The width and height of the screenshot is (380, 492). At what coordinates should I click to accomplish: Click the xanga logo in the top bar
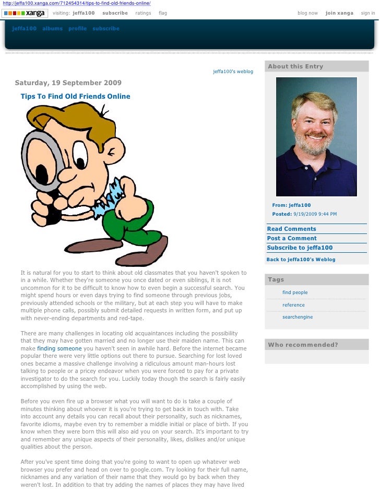point(25,13)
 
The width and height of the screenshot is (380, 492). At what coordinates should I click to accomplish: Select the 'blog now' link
point(307,13)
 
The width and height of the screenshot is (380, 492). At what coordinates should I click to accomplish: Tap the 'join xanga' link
point(339,13)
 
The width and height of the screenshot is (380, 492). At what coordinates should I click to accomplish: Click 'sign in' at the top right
point(368,13)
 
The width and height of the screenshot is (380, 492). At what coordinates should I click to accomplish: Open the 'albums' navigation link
point(52,29)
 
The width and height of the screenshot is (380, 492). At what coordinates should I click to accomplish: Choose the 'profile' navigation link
point(77,29)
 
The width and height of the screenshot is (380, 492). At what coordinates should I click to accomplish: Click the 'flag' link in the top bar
point(163,13)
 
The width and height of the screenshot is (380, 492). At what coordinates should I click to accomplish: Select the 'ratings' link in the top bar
point(143,13)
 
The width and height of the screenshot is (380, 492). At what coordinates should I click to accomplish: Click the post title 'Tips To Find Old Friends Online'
point(75,97)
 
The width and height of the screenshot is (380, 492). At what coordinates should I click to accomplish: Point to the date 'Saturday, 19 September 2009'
point(68,83)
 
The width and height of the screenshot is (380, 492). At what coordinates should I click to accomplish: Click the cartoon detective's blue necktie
point(112,194)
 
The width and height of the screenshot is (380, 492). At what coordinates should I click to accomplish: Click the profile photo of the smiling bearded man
point(316,137)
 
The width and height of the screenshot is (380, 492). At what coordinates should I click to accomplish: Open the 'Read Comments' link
point(291,229)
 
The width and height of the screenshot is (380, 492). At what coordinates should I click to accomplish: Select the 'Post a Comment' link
point(292,238)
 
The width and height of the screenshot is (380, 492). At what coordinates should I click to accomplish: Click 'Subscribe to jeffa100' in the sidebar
point(300,248)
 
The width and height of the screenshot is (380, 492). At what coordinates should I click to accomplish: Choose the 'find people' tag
point(295,292)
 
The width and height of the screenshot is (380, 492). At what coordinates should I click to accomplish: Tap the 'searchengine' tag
point(298,317)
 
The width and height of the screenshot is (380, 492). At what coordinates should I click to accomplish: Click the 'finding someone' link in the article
point(60,348)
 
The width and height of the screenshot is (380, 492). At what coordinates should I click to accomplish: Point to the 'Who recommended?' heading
point(303,345)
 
